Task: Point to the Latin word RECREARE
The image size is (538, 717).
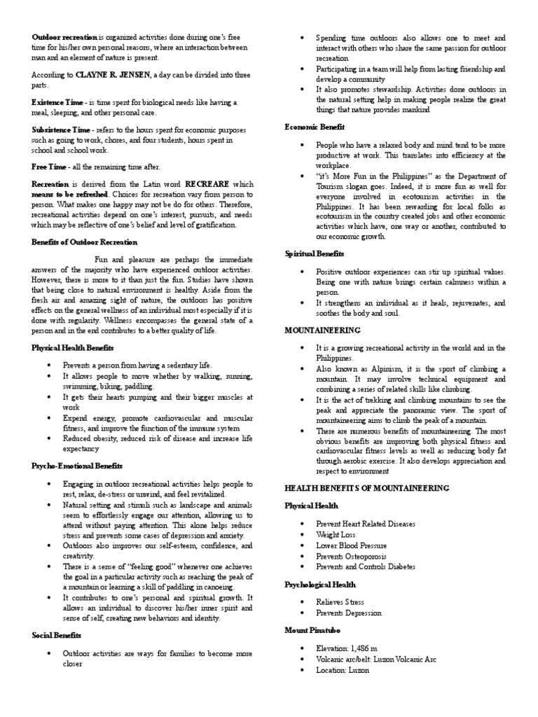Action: tap(209, 183)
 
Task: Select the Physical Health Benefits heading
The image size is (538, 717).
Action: tap(73, 347)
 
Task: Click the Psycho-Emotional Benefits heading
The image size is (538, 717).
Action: tap(77, 466)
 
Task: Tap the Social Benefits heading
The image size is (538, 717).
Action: tap(57, 635)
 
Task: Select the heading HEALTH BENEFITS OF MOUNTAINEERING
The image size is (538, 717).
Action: tap(367, 487)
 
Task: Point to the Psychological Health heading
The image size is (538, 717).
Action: tap(320, 584)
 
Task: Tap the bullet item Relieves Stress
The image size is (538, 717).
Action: tap(340, 601)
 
